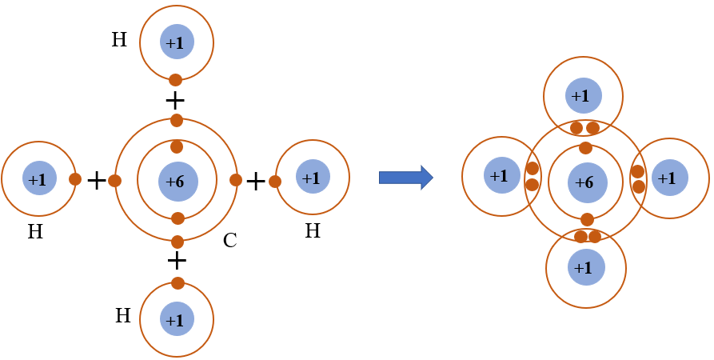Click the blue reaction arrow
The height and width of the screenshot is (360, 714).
pyautogui.click(x=405, y=177)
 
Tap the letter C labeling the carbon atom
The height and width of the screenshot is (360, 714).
pyautogui.click(x=229, y=240)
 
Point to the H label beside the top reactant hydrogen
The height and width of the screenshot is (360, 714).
pyautogui.click(x=119, y=40)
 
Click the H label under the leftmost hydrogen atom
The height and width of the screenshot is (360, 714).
pyautogui.click(x=35, y=233)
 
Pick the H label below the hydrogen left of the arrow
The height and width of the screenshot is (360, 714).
pyautogui.click(x=313, y=231)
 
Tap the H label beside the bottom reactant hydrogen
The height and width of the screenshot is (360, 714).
pyautogui.click(x=122, y=316)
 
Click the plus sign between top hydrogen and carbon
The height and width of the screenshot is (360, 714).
pyautogui.click(x=174, y=101)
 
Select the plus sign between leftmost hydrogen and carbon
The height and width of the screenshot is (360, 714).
pyautogui.click(x=96, y=181)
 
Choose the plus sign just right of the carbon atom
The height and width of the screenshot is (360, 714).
pyautogui.click(x=255, y=182)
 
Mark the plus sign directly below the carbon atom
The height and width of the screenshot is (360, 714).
pyautogui.click(x=177, y=261)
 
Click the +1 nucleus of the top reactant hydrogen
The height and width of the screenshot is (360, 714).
pyautogui.click(x=176, y=42)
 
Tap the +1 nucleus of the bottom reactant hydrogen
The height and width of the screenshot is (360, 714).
pyautogui.click(x=177, y=319)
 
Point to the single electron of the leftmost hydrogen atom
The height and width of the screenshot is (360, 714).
pyautogui.click(x=75, y=179)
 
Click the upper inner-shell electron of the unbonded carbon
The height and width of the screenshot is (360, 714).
pyautogui.click(x=177, y=147)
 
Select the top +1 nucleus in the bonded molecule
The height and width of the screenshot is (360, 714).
pyautogui.click(x=583, y=96)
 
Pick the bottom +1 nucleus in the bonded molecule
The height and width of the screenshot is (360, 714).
pyautogui.click(x=586, y=267)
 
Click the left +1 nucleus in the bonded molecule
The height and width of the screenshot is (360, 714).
pyautogui.click(x=501, y=175)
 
